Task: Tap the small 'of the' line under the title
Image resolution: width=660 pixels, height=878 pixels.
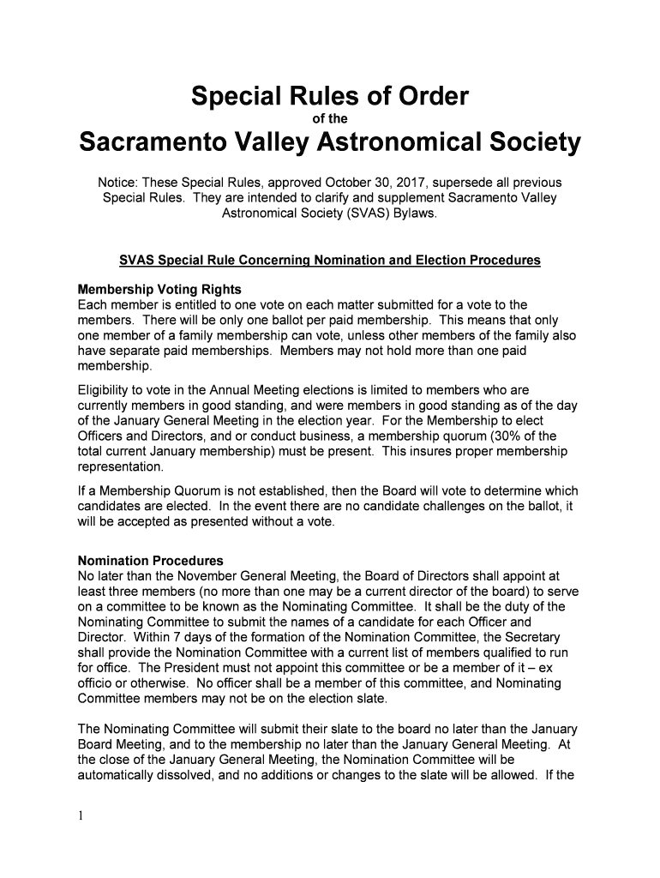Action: (x=330, y=119)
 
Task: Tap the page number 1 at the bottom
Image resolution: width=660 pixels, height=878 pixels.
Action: (x=81, y=816)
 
